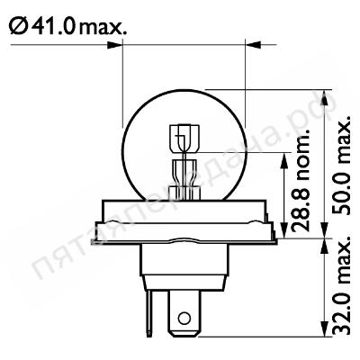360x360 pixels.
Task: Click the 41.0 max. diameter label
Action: coord(67,26)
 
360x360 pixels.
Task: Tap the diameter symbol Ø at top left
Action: coord(19,26)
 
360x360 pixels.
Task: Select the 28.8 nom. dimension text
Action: coord(301,181)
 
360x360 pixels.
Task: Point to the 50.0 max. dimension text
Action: coord(341,165)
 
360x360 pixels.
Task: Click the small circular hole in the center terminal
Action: coord(184,317)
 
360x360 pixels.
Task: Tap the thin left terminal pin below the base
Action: coord(149,312)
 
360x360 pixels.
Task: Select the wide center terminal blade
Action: coord(184,313)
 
